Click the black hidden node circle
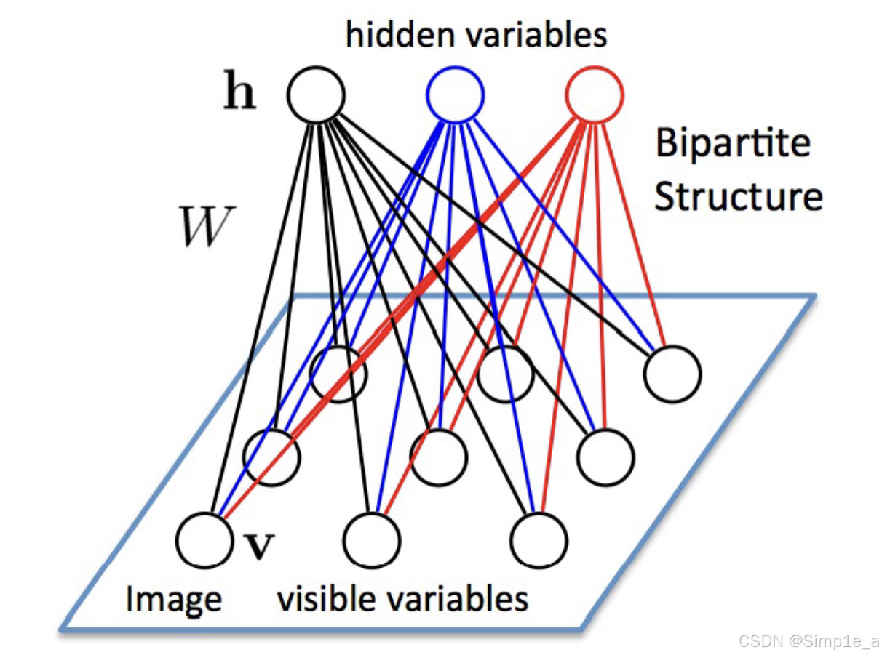coord(316,95)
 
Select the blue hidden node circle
coord(455,95)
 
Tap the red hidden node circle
coord(594,95)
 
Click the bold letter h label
coord(240,95)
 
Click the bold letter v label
coord(255,545)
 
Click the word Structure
coord(738,196)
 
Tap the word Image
coord(174,600)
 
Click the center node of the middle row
coord(438,457)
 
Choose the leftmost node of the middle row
coord(271,457)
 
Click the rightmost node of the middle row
coord(605,457)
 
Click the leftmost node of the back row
coord(338,374)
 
